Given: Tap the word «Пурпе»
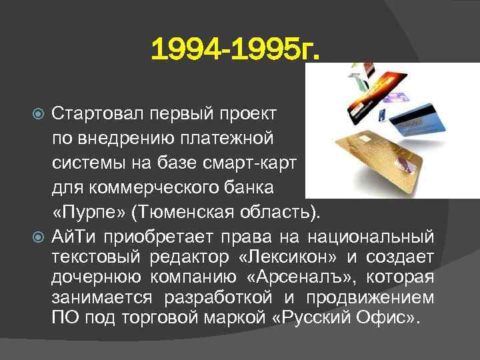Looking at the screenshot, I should [x=89, y=212].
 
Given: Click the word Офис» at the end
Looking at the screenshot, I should [x=395, y=316].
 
